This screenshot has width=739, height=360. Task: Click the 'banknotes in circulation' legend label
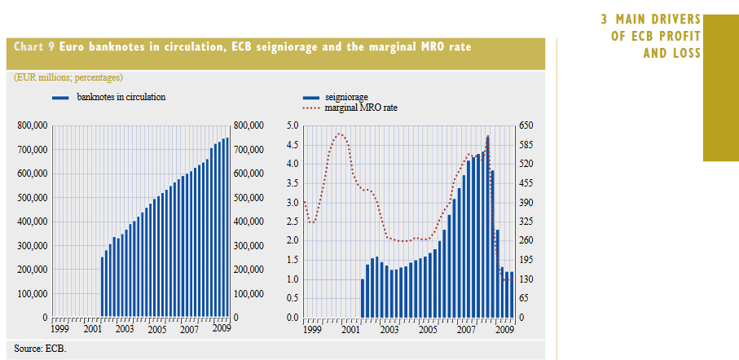pyautogui.click(x=121, y=97)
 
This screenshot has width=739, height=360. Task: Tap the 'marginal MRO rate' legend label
pyautogui.click(x=361, y=108)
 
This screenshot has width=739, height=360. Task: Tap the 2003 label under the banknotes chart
pyautogui.click(x=125, y=329)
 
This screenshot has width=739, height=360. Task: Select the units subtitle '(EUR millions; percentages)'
pyautogui.click(x=68, y=77)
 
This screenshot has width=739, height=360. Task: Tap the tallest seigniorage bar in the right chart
pyautogui.click(x=487, y=228)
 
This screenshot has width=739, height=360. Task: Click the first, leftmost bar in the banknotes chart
pyautogui.click(x=103, y=287)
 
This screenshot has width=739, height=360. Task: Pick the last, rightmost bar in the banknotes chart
pyautogui.click(x=227, y=227)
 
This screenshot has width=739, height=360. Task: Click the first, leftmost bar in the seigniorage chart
pyautogui.click(x=363, y=298)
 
